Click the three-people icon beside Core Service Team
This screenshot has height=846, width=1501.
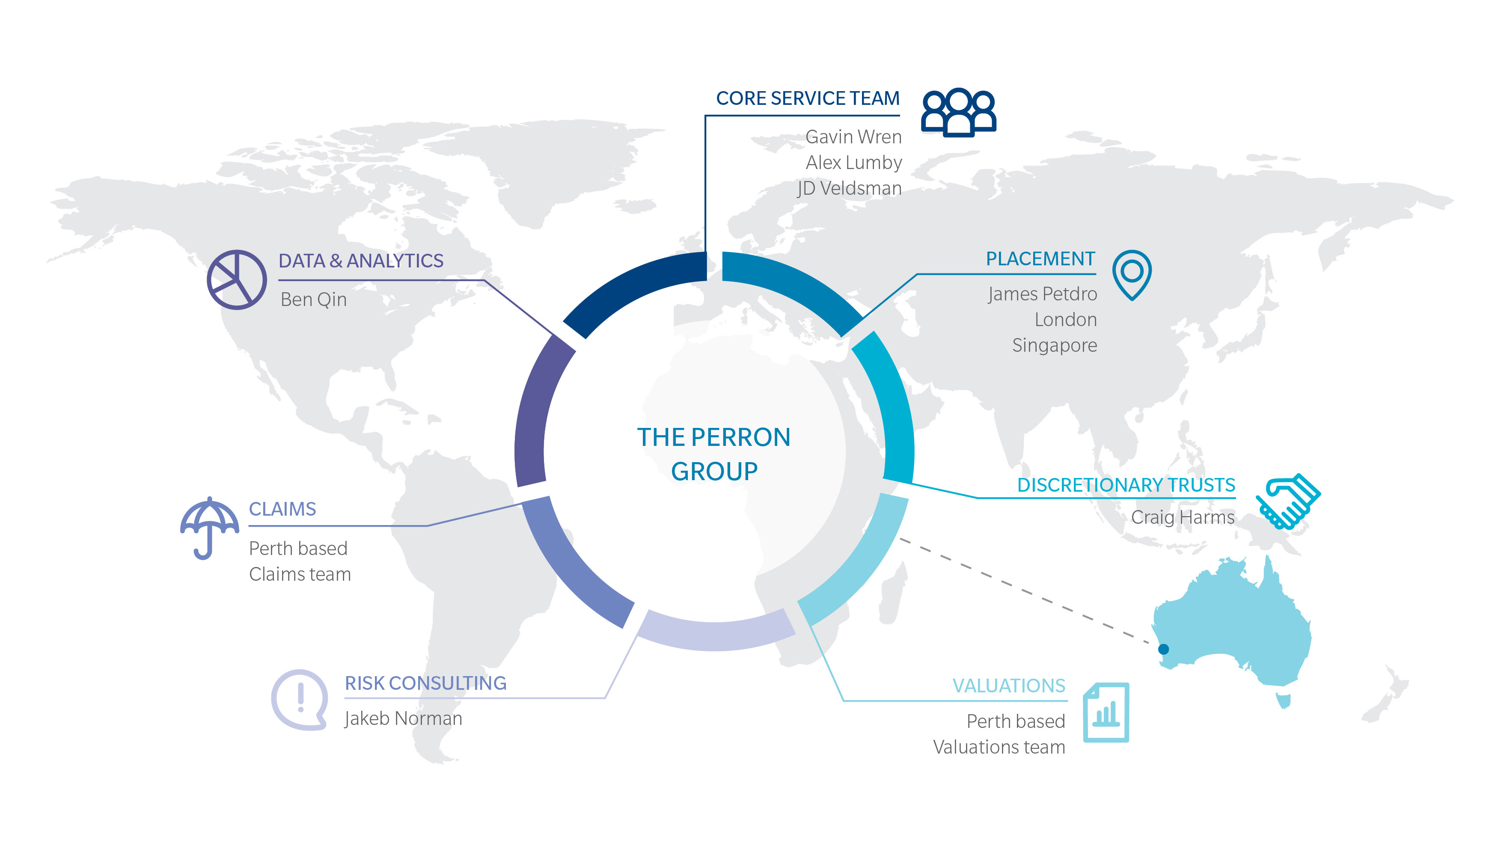point(959,113)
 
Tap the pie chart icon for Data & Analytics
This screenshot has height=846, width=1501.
point(237,280)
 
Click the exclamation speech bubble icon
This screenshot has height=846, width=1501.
point(300,699)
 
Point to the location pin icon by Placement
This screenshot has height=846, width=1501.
point(1132,274)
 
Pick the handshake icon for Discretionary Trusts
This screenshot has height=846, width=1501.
point(1288,501)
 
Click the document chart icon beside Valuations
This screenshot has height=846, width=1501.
point(1106,712)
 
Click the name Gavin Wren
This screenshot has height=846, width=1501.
point(853,137)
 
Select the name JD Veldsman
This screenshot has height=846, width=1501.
point(850,188)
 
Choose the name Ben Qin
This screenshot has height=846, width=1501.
point(313,300)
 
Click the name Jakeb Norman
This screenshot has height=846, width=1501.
point(403,718)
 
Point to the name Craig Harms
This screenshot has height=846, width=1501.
point(1183,517)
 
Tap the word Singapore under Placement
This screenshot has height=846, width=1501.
point(1055,345)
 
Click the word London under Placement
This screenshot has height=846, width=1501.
point(1066,320)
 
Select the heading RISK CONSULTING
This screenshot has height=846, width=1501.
point(426,683)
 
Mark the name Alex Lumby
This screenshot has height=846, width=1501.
point(853,163)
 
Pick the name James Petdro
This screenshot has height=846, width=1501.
point(1043,294)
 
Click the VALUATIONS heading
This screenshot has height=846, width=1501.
point(1009,686)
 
